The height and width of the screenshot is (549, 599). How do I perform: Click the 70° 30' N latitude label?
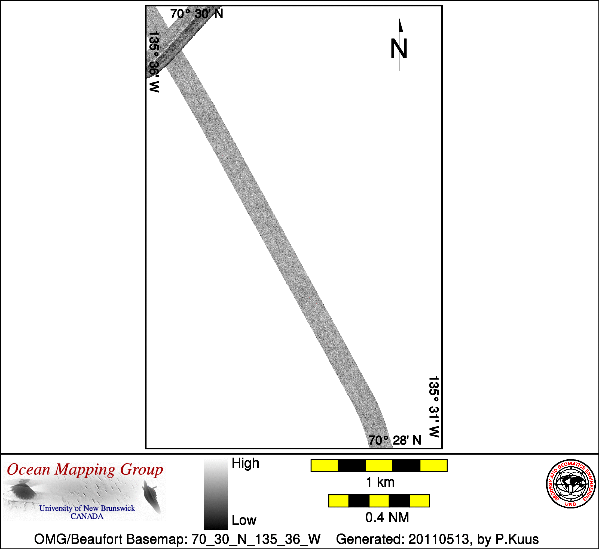[x=197, y=14]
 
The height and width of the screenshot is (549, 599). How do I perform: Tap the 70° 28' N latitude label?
[x=395, y=440]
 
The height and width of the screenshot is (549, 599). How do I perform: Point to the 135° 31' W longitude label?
[x=434, y=407]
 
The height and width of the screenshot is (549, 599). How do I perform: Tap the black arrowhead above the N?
[x=401, y=25]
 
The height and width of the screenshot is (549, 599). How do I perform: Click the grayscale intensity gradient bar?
[x=216, y=494]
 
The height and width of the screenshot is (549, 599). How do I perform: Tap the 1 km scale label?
[x=380, y=482]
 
